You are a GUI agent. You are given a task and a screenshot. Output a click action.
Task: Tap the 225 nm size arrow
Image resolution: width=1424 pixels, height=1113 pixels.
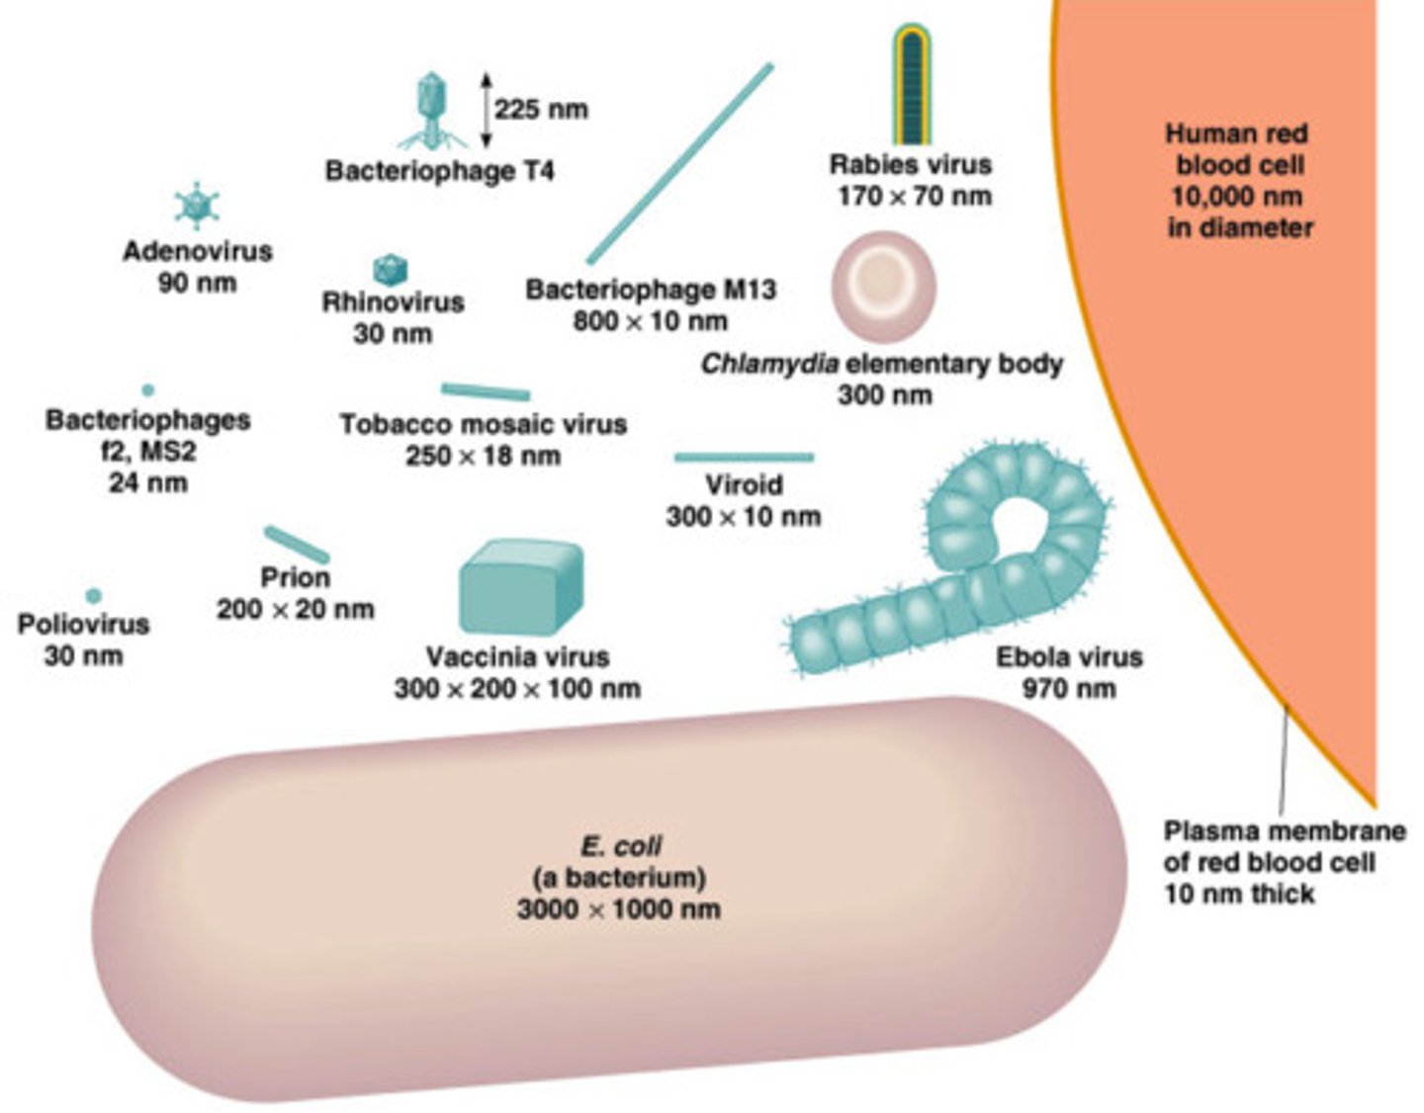tap(486, 110)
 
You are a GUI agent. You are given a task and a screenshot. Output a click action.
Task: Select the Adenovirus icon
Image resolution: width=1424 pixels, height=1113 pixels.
tap(197, 206)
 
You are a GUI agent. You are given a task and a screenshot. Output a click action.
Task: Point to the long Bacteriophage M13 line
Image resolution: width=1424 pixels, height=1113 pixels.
tap(679, 164)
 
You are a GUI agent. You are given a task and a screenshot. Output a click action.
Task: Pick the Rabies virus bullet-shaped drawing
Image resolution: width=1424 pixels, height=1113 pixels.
tap(911, 85)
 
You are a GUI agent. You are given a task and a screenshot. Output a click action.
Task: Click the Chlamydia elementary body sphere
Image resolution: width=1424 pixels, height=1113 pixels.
tap(883, 287)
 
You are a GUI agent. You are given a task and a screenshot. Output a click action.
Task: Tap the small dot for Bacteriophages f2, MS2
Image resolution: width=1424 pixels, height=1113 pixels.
tap(148, 390)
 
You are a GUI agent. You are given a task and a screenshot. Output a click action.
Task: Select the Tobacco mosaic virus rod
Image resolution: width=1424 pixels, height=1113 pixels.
tap(485, 391)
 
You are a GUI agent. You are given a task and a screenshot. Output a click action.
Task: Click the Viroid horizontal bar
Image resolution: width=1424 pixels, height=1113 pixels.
tap(744, 457)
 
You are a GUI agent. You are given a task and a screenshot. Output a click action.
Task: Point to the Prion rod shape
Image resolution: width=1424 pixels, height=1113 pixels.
tap(297, 545)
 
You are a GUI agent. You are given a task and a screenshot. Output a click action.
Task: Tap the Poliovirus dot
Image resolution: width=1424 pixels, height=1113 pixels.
tap(93, 595)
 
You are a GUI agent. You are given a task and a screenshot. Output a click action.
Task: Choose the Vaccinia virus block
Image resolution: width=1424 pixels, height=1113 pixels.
tap(520, 586)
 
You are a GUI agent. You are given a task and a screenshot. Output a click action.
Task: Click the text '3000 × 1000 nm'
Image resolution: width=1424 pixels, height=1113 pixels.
tap(618, 908)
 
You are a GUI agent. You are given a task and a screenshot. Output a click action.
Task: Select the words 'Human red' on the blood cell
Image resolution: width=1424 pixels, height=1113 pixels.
tap(1236, 133)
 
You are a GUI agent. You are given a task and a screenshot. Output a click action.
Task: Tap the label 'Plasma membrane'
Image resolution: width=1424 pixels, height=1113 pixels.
tap(1284, 830)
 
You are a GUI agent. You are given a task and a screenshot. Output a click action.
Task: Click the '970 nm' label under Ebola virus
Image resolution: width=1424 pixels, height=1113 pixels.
tap(1068, 688)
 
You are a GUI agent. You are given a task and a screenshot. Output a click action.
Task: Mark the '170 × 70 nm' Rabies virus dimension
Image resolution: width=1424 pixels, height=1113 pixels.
tap(914, 196)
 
